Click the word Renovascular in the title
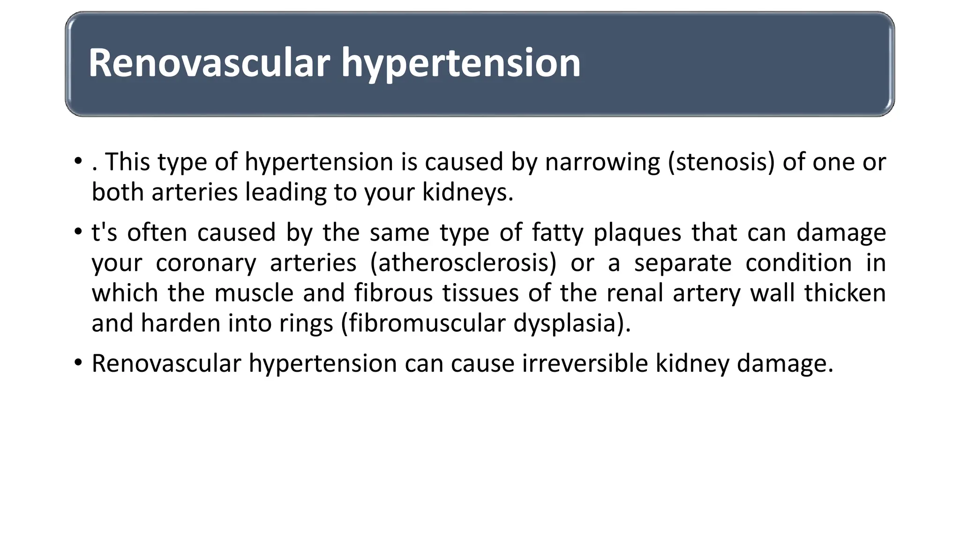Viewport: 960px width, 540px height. [x=209, y=63]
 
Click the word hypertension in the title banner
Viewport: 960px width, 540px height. [x=460, y=63]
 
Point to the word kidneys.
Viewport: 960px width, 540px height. [x=467, y=192]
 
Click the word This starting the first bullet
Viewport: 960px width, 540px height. [x=127, y=162]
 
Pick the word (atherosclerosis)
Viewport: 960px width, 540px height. [x=463, y=262]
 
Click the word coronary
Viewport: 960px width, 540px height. [x=206, y=262]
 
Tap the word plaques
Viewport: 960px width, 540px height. [x=637, y=232]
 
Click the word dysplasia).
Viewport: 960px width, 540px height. [x=572, y=323]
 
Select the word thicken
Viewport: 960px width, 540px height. [x=845, y=293]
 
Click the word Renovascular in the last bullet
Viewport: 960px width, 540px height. [x=166, y=363]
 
